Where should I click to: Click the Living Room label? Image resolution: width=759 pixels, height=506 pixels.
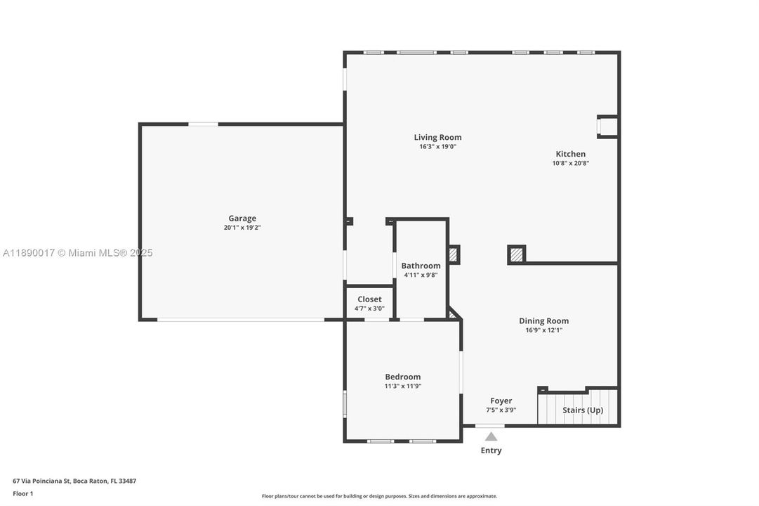coord(437,138)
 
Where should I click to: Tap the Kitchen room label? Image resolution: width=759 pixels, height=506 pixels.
coord(570,154)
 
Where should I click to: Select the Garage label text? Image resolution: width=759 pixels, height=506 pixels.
coord(242,219)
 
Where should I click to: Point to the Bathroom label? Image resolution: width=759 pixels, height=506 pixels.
coord(421,266)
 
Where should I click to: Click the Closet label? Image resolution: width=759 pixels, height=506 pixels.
coord(369,299)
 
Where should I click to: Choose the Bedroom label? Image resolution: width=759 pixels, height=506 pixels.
coord(402,377)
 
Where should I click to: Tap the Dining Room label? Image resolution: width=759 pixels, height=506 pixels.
coord(543,321)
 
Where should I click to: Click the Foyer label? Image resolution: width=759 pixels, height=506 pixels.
coord(501,401)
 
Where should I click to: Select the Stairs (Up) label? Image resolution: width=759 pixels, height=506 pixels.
coord(582,410)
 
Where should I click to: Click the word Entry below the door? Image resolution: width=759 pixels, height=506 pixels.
coord(491,450)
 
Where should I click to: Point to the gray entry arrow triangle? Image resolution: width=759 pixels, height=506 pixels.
coord(491,436)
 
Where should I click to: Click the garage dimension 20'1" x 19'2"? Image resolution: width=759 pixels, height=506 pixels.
coord(242,228)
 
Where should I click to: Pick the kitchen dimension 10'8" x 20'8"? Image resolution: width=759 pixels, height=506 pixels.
coord(570,163)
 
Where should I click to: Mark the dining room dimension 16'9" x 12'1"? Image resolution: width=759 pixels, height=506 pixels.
coord(543,330)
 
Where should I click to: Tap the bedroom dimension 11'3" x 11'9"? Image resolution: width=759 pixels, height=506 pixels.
coord(402,386)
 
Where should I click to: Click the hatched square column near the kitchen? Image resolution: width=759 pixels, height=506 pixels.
coord(517,254)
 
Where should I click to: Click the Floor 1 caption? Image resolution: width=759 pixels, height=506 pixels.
coord(22,493)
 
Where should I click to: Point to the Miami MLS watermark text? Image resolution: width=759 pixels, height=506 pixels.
coord(77,253)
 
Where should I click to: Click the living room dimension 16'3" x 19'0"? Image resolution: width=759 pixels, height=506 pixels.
coord(437,147)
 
